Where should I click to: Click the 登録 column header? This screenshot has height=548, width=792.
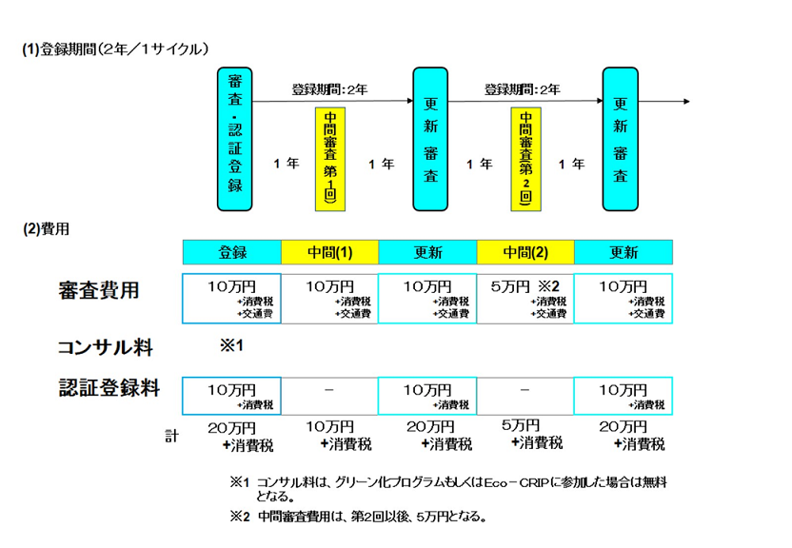tap(232, 253)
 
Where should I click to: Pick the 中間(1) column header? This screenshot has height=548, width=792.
tap(329, 253)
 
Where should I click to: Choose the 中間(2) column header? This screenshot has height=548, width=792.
tap(525, 253)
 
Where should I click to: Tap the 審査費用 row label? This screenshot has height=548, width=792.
tap(98, 290)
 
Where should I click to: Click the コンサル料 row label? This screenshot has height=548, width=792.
tap(106, 347)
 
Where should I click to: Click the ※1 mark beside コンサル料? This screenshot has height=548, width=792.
tap(232, 346)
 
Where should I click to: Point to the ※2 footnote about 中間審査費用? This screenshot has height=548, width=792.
tap(359, 518)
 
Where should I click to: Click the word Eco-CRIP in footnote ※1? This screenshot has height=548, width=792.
tap(515, 482)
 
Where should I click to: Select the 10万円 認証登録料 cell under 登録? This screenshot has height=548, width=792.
tap(232, 396)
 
